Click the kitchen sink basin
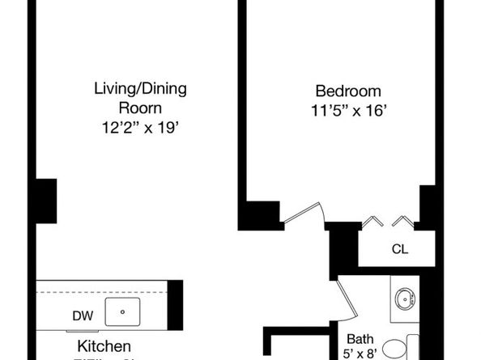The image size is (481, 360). point(124,311)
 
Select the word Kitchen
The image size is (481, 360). point(104,346)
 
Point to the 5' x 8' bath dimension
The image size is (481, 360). point(360,354)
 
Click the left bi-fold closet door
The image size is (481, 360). point(373,221)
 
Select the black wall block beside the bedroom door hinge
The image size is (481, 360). point(258,215)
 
